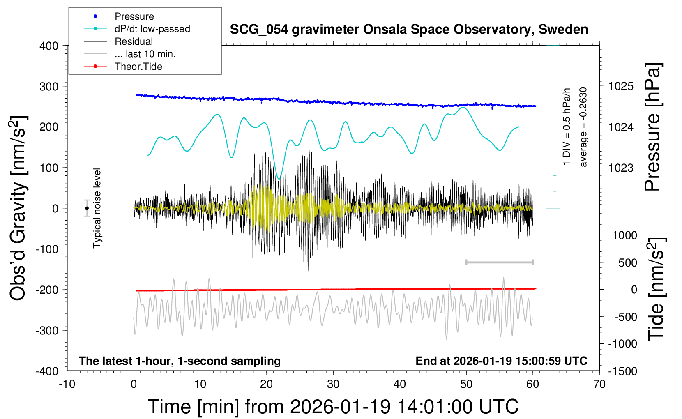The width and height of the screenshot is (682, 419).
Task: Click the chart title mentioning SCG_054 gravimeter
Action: (409, 30)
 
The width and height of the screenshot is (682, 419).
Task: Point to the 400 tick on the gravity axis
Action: (49, 46)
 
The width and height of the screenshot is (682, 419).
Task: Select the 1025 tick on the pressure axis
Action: (621, 86)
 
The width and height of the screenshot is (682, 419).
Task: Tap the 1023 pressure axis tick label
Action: (621, 168)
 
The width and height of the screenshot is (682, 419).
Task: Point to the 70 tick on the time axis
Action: (599, 384)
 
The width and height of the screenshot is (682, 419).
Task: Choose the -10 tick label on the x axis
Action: (67, 384)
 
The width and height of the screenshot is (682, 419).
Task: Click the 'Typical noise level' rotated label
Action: (97, 208)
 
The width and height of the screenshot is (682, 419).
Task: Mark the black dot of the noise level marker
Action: (87, 208)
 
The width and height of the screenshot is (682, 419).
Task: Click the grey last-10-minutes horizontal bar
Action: (499, 262)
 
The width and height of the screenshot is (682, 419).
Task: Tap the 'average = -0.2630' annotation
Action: (583, 127)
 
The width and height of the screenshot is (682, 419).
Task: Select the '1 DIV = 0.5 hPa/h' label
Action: (567, 127)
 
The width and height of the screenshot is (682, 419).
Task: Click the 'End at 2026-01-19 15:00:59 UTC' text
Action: (501, 361)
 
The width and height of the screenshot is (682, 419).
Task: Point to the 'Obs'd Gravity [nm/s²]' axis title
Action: (18, 208)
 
